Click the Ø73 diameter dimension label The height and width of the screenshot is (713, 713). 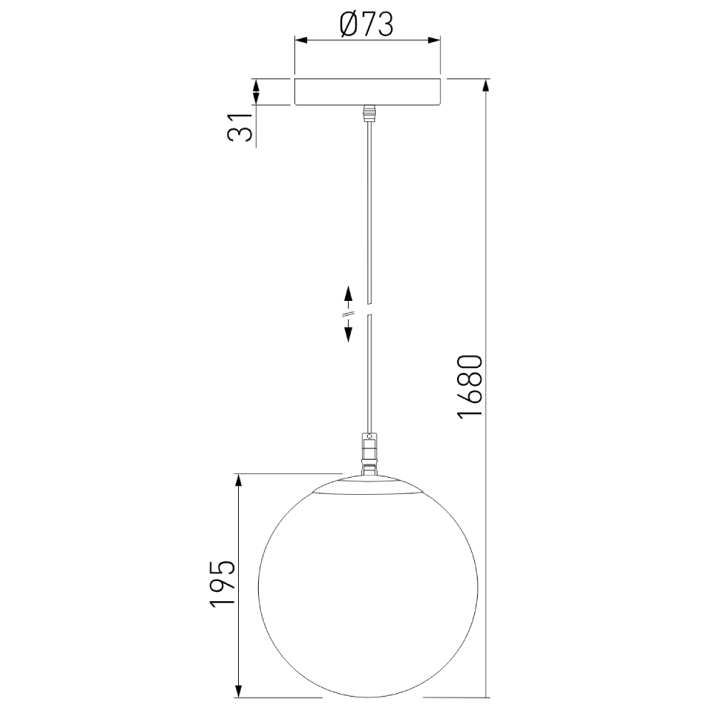367,26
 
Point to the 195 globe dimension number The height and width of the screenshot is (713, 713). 222,584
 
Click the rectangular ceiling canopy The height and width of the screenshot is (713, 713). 367,91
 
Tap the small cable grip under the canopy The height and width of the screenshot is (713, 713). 368,113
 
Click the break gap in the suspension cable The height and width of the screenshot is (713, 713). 368,309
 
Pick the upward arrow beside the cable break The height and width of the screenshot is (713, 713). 349,294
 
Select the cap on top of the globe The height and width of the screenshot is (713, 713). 368,483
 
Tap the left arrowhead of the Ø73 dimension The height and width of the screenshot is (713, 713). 301,40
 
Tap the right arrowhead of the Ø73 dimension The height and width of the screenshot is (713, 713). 434,40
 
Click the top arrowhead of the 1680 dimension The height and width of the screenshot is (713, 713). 487,84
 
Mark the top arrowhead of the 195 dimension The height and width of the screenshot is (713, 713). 239,481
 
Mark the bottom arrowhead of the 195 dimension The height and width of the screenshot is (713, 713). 239,689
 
